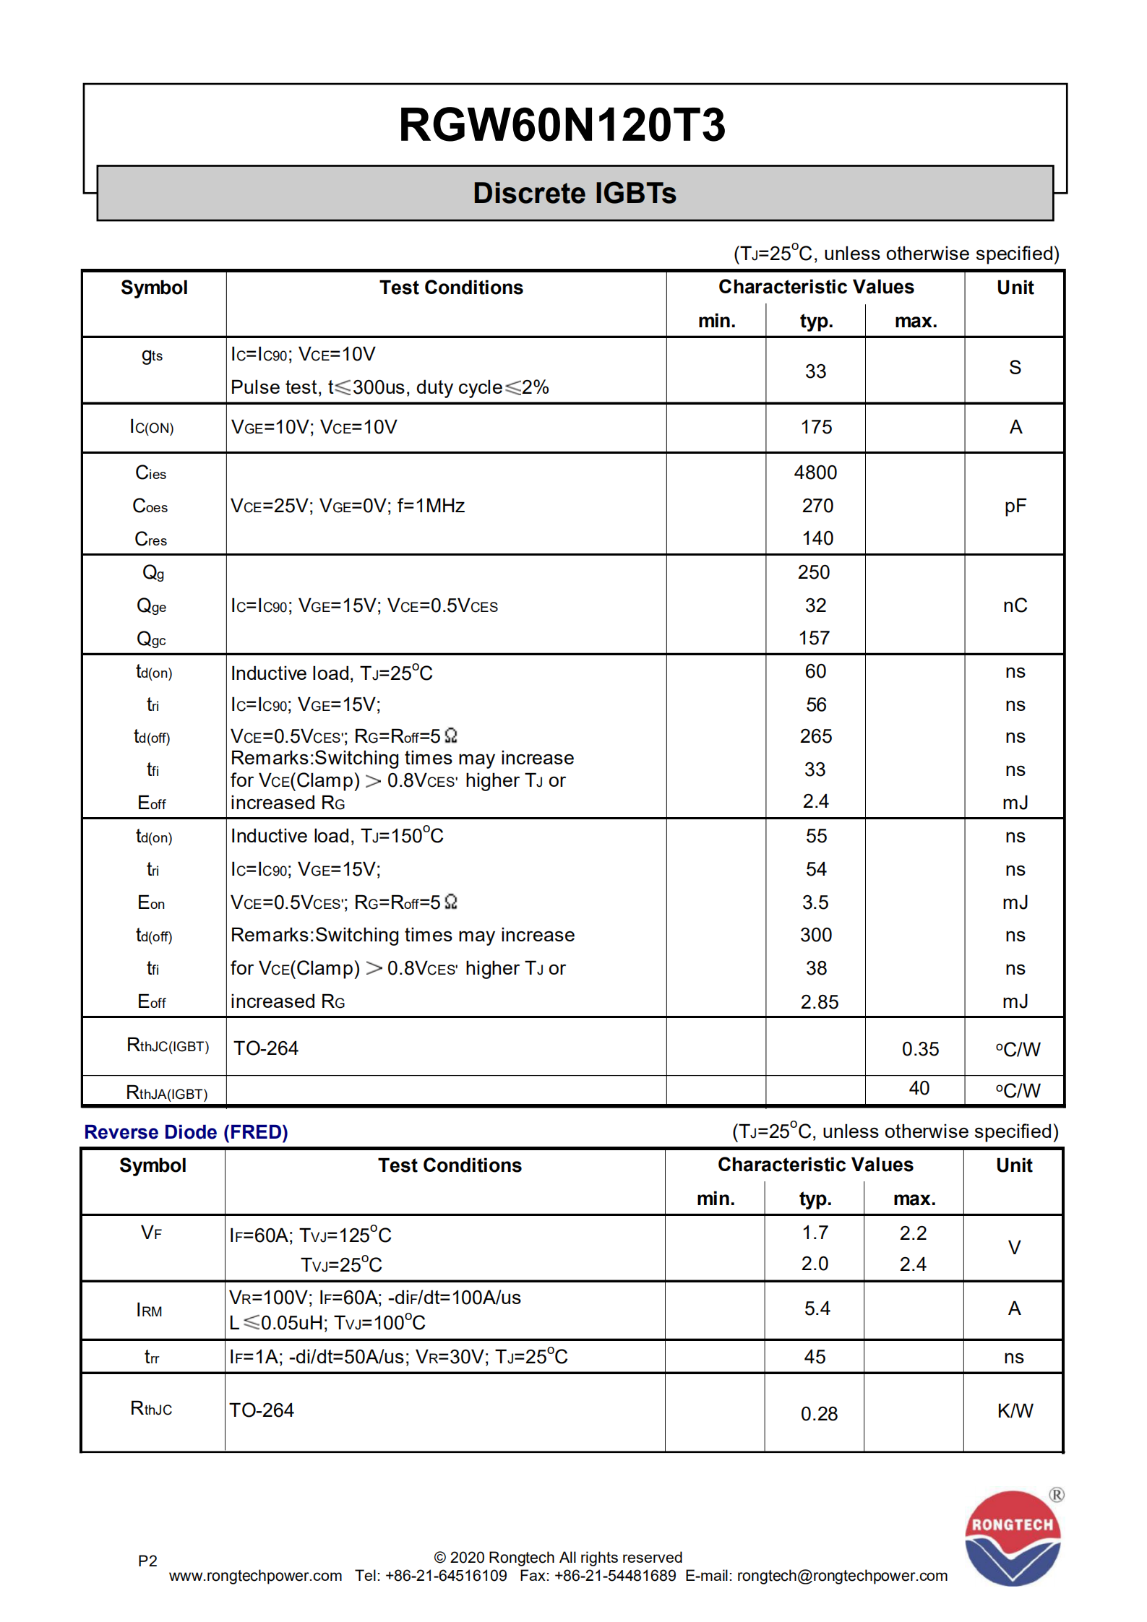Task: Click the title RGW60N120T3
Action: pos(562,125)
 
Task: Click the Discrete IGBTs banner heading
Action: pos(575,194)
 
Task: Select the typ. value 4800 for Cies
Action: pos(815,473)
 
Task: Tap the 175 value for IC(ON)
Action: pos(816,427)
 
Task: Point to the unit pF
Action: pos(1015,506)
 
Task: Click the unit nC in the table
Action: pos(1015,605)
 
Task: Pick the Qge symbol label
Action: pos(152,606)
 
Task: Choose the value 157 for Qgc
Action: pos(814,638)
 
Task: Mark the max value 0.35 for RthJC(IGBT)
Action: pos(920,1049)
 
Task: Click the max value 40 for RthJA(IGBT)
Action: pos(919,1088)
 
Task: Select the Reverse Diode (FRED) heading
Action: pos(186,1132)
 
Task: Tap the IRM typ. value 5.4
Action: pos(817,1308)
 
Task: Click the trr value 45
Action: pos(815,1357)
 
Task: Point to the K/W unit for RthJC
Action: pos(1015,1410)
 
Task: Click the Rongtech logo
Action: pos(1012,1537)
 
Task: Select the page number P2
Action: pos(147,1561)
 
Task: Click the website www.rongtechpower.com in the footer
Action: pos(255,1576)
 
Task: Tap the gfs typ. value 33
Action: pos(815,371)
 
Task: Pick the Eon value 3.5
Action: pos(815,902)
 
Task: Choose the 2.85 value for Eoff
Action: pos(819,1002)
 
